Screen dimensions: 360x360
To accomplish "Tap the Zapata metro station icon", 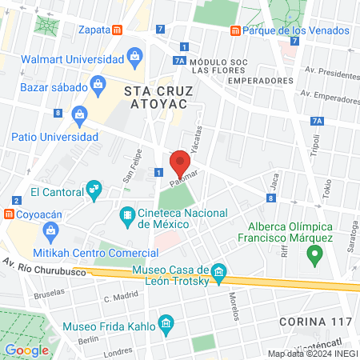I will tap(117, 30).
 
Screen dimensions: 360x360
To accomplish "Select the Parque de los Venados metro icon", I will tap(235, 30).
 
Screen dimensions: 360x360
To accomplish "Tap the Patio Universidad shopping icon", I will tap(80, 114).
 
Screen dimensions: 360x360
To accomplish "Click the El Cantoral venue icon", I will tap(94, 189).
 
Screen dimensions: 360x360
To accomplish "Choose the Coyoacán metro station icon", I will tap(8, 214).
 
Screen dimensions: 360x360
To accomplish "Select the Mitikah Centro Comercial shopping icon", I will tap(51, 232).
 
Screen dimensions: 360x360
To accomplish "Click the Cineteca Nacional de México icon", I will tap(126, 215).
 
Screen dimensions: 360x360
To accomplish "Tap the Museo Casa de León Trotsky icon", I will tap(219, 272).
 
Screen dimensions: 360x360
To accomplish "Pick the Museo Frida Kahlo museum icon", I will tap(166, 323).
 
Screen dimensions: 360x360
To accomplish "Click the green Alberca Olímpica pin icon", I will tap(314, 256).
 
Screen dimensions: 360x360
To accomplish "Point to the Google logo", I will tap(26, 350).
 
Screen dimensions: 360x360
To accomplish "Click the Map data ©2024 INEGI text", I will tap(312, 354).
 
